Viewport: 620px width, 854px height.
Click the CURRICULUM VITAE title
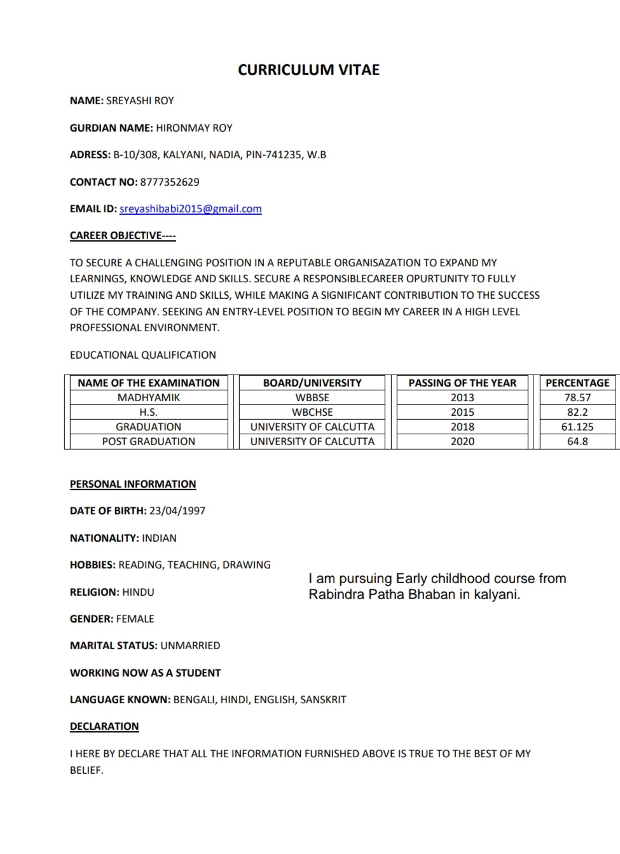pos(308,70)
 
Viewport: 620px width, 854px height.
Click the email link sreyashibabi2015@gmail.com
pos(191,209)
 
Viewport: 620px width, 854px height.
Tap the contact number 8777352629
pos(169,182)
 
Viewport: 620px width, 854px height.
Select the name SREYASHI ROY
pos(140,100)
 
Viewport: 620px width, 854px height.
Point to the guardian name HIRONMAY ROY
pos(194,128)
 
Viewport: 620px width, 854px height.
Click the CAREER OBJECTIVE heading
pos(123,235)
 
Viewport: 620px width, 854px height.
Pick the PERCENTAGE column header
pos(577,383)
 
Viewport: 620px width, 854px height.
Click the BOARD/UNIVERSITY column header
pos(312,383)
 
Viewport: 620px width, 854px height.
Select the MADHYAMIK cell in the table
pos(149,397)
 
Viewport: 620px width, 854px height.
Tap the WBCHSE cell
pos(312,412)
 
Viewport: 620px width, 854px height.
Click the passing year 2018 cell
pos(462,427)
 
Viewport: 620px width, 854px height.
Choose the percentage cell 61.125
pos(577,427)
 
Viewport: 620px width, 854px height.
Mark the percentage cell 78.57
pos(577,397)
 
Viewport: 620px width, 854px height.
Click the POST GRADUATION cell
pos(149,441)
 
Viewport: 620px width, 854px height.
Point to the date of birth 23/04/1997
pos(177,511)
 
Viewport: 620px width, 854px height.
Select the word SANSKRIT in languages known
pos(323,699)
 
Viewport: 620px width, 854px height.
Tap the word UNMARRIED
pos(190,645)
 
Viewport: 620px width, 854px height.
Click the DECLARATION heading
pos(104,726)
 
